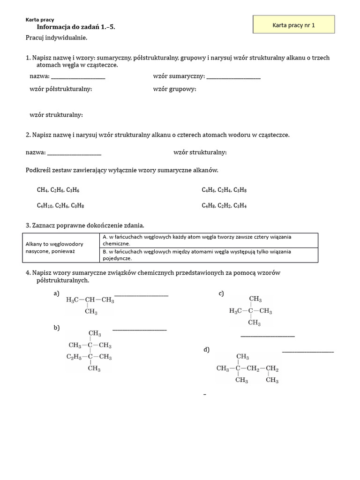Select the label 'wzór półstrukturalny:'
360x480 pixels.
point(60,89)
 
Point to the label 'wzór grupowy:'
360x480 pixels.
point(174,89)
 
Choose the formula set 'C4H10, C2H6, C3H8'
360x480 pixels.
point(60,205)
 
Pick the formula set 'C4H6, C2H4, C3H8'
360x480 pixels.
point(224,190)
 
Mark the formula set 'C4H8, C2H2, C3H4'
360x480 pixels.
point(224,205)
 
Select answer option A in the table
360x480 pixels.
point(209,240)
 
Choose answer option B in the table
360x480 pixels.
point(209,255)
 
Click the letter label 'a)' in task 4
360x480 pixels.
point(57,293)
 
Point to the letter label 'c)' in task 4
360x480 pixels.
point(221,293)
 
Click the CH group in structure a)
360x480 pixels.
point(90,300)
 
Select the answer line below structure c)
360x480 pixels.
point(268,336)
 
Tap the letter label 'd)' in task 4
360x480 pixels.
point(207,350)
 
